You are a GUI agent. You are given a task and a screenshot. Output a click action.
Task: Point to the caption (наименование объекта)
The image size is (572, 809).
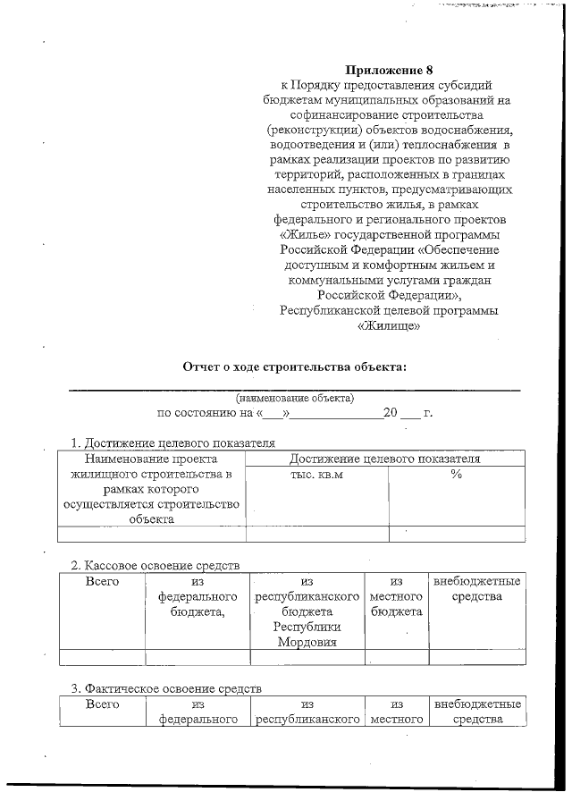tap(294, 397)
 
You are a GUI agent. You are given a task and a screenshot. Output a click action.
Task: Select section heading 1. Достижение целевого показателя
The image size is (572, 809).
tap(172, 442)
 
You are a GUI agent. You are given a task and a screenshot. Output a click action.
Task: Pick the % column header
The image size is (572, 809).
tap(456, 474)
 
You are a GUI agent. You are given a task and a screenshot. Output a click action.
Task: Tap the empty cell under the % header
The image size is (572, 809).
tap(456, 534)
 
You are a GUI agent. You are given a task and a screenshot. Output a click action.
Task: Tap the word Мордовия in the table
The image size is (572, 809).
tap(307, 642)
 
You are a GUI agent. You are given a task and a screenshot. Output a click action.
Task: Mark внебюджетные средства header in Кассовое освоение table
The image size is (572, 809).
tap(476, 588)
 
